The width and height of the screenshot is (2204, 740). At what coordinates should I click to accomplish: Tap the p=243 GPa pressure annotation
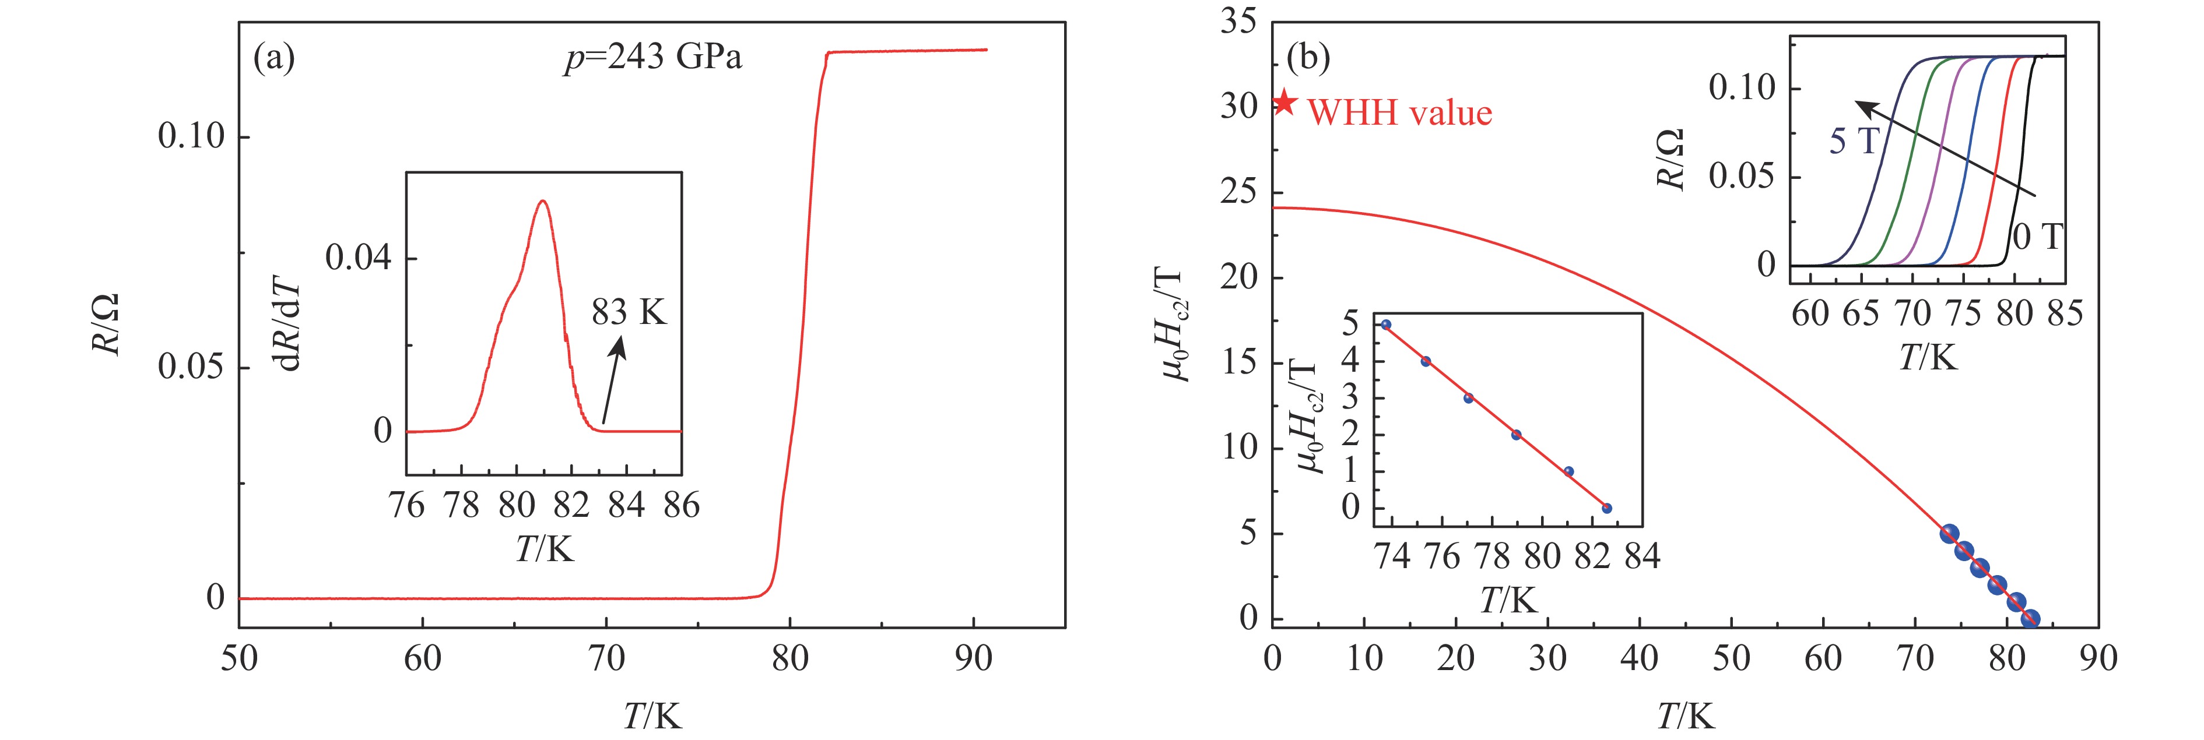click(653, 57)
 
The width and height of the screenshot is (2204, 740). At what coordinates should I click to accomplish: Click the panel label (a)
click(275, 58)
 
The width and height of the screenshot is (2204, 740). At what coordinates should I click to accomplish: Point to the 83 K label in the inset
click(629, 313)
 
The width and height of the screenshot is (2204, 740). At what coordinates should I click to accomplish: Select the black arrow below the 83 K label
click(613, 379)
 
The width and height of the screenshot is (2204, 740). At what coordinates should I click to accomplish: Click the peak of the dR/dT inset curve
click(542, 202)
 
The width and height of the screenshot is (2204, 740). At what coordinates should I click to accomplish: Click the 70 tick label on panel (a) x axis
click(606, 659)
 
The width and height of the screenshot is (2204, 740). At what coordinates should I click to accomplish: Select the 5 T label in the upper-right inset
click(1853, 141)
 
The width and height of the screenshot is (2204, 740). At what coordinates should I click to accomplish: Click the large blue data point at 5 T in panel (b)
click(1949, 534)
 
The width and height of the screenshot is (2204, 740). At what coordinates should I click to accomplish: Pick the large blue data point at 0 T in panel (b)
click(2030, 619)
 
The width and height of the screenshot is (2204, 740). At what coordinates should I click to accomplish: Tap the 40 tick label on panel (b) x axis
click(1640, 659)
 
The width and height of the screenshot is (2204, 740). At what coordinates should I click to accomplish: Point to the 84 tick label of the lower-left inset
click(1642, 557)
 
